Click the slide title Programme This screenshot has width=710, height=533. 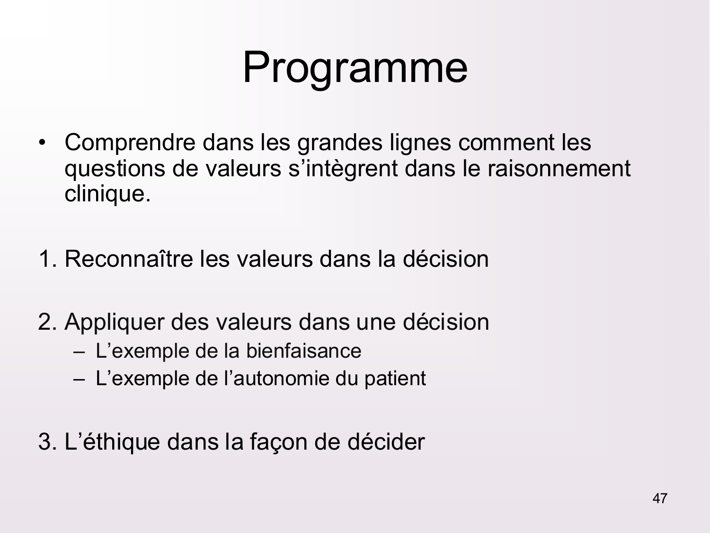pyautogui.click(x=355, y=68)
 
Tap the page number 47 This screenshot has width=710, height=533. pyautogui.click(x=660, y=498)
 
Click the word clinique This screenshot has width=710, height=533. pyautogui.click(x=107, y=194)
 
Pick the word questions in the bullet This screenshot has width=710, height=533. pyautogui.click(x=115, y=169)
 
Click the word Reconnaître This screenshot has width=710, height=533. pyautogui.click(x=129, y=259)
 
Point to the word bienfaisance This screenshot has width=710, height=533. pyautogui.click(x=303, y=351)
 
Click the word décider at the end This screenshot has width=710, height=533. pyautogui.click(x=386, y=442)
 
